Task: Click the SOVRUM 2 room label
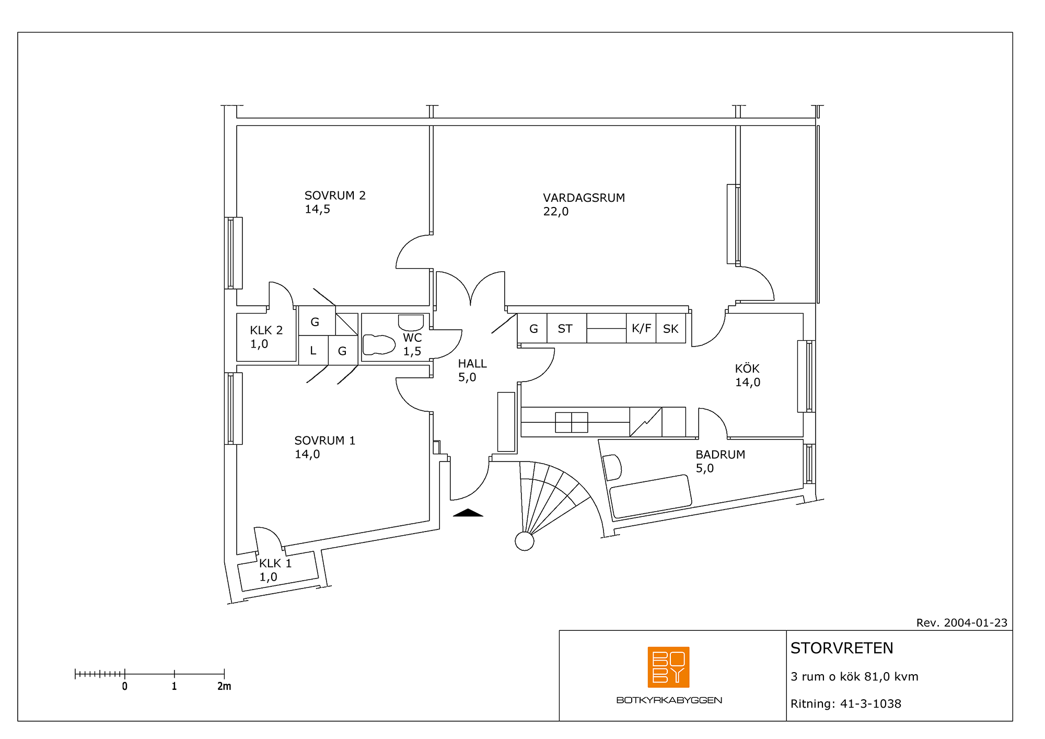point(335,195)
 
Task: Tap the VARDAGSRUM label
point(584,198)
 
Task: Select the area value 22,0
point(555,212)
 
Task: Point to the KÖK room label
point(747,368)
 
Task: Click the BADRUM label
point(720,455)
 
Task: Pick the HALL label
point(472,364)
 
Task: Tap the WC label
point(412,338)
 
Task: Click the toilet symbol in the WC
point(379,345)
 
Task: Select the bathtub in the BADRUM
point(651,496)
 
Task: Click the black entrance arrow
point(468,513)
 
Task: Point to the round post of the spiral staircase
point(525,541)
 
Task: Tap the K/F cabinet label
point(641,328)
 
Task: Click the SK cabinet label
point(670,329)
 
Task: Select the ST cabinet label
point(565,329)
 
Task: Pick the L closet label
point(313,351)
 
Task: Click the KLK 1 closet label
point(275,563)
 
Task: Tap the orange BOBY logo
point(668,667)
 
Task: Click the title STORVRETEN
point(842,649)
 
